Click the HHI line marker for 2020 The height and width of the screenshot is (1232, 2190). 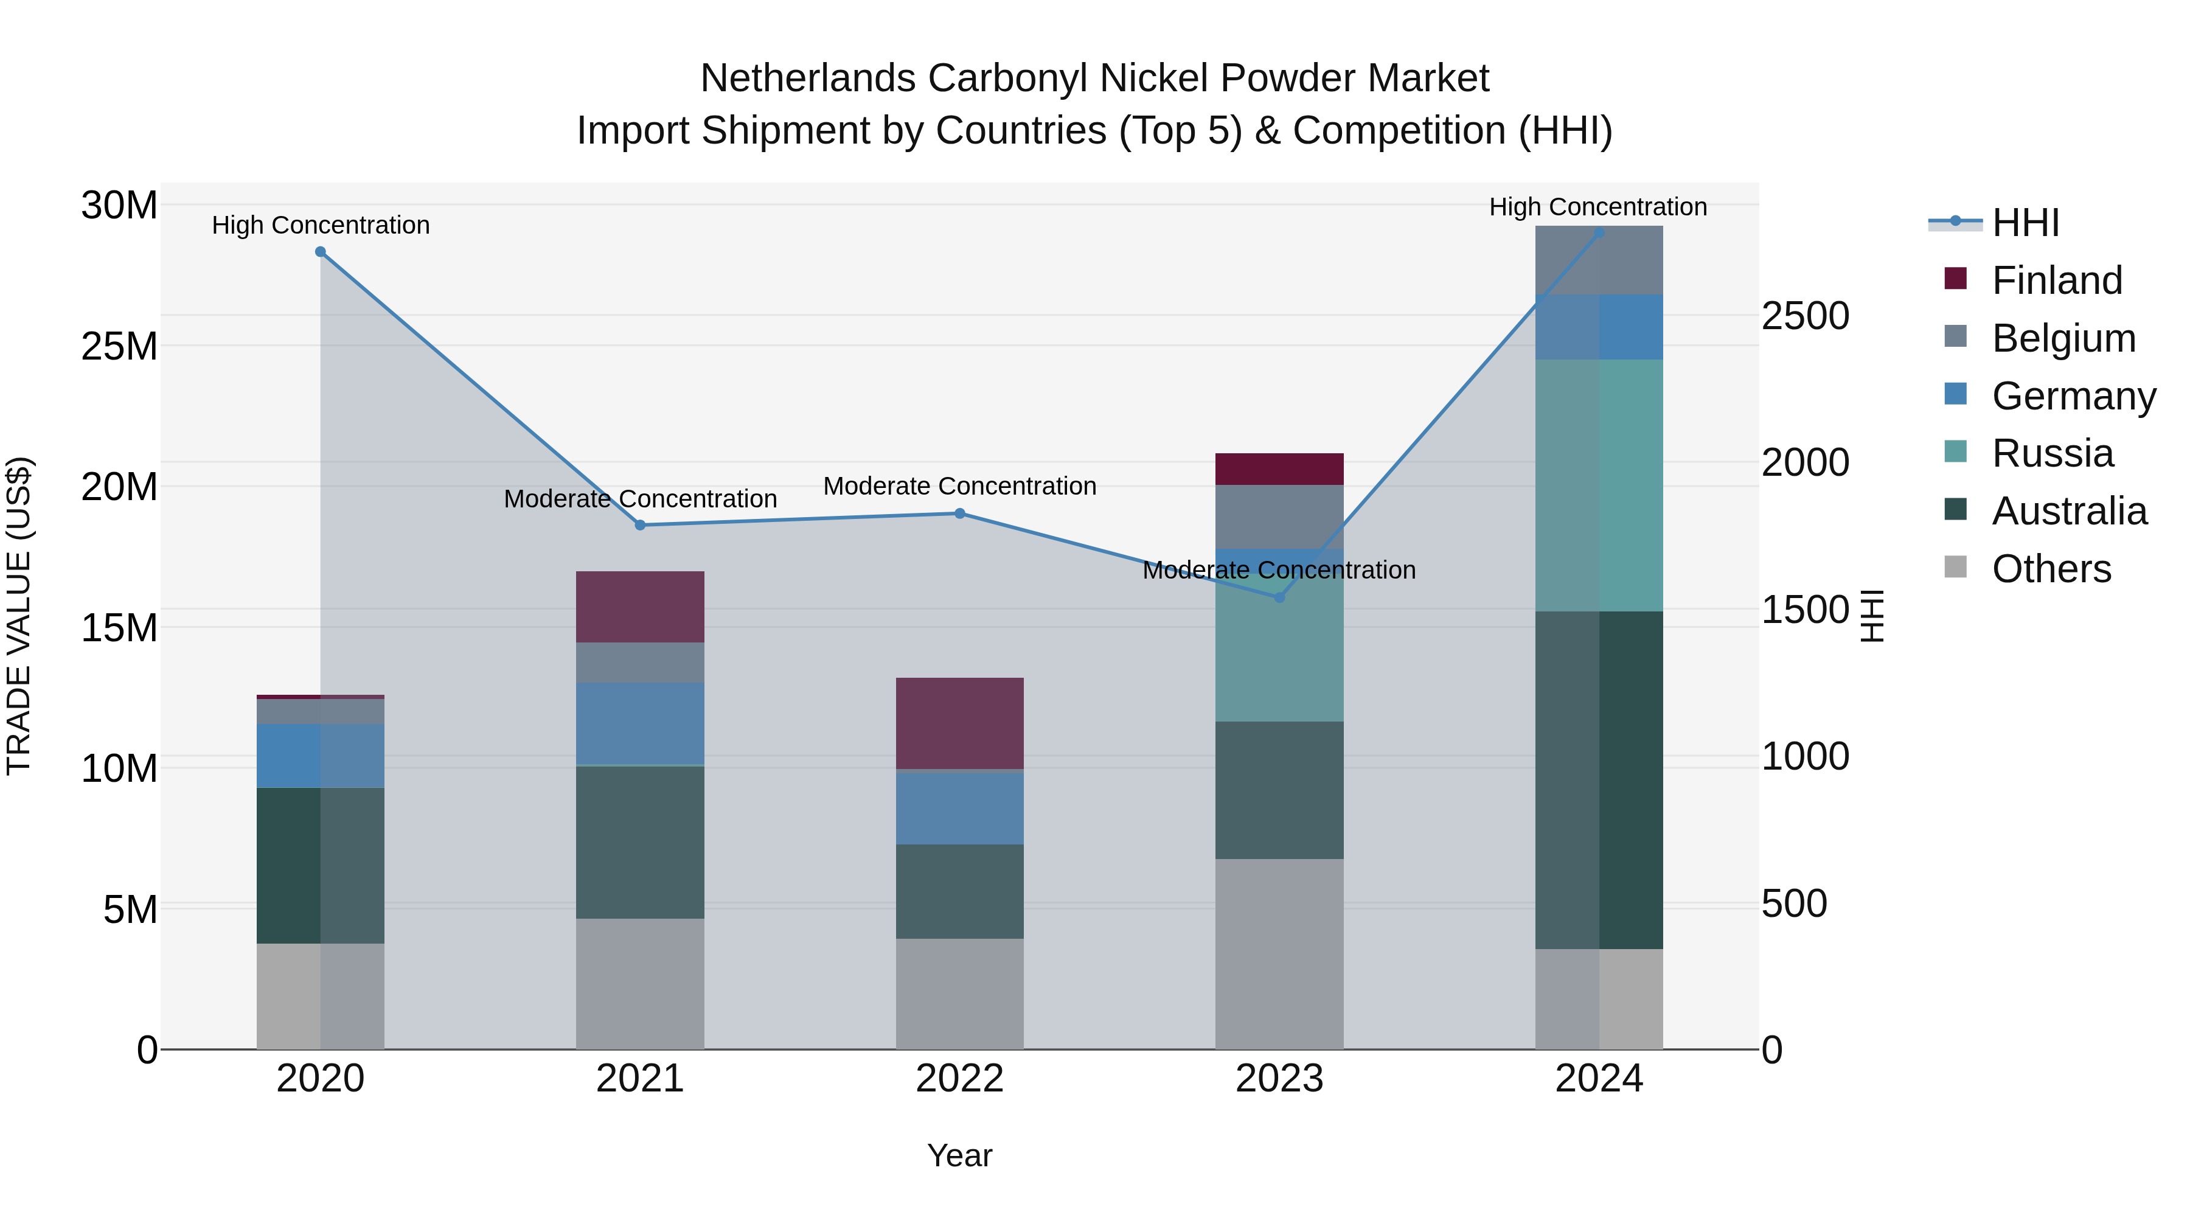(x=321, y=252)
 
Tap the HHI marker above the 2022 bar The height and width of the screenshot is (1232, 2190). (x=960, y=513)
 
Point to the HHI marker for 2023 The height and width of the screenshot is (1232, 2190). (x=1279, y=597)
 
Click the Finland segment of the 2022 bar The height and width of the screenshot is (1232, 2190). (x=960, y=723)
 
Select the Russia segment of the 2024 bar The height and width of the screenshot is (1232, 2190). (x=1599, y=485)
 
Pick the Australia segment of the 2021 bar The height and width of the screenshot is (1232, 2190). (x=640, y=843)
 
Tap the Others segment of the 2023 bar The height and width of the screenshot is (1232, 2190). (x=1279, y=954)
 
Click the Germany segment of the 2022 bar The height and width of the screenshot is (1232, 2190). (x=960, y=808)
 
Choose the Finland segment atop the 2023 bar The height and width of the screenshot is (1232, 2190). (x=1279, y=469)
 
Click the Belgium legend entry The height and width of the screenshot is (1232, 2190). (x=2063, y=338)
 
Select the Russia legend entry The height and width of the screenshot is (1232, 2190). (x=2053, y=453)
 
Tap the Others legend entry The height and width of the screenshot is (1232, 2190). (x=2051, y=569)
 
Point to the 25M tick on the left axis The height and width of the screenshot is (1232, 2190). (x=120, y=346)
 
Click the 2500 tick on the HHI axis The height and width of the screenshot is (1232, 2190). (x=1805, y=316)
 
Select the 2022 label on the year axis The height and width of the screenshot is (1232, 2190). (x=960, y=1079)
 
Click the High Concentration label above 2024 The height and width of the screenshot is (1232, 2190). (x=1598, y=207)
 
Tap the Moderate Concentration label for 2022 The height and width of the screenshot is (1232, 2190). (x=960, y=486)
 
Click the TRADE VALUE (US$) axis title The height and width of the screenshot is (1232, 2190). (x=19, y=616)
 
